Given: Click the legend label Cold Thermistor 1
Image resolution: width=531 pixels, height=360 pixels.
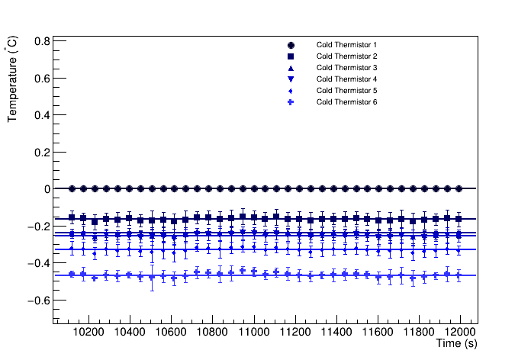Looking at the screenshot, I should pos(346,45).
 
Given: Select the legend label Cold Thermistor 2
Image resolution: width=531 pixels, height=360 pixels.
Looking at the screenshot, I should pos(346,56).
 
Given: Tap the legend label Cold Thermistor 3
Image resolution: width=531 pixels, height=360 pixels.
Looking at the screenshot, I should pos(346,68).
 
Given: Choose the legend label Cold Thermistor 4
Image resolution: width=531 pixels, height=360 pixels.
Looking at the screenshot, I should pos(346,79).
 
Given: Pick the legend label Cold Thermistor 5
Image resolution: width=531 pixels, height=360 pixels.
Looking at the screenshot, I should pos(346,91).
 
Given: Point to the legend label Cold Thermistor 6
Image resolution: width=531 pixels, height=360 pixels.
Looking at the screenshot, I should pos(346,102).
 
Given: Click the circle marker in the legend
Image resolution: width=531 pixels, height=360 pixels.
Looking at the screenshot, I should pos(291,45).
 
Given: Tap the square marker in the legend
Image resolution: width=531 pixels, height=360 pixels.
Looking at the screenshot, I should pos(291,56).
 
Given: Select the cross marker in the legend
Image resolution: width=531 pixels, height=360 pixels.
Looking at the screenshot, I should pos(291,102).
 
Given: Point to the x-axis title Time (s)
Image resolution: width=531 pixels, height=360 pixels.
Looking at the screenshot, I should pos(456,345).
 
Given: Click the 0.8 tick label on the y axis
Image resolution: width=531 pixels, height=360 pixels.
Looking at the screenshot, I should pos(41,41).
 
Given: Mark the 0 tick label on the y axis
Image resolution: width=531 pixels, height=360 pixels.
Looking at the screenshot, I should pos(47,189).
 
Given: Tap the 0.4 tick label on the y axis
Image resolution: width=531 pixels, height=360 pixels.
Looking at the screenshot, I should pos(41,115).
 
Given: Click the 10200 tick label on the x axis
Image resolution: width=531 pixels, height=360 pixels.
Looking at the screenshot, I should pos(88,333).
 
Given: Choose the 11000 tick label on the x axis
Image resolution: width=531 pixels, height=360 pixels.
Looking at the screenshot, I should pos(253,333).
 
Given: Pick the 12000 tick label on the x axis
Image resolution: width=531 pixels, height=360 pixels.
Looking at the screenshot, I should pos(460,333).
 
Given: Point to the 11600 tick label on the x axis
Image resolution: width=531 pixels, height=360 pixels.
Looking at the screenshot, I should pos(378,333).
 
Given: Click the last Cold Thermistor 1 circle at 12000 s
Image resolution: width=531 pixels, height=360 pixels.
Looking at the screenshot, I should pos(459,188).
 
